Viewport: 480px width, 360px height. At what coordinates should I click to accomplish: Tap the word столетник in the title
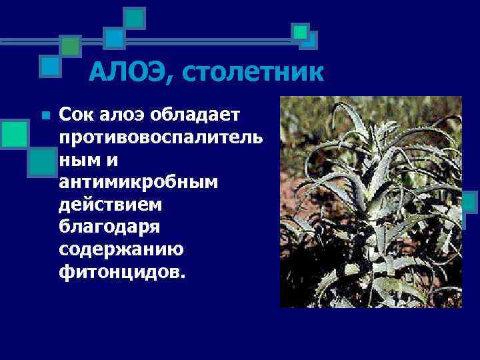coord(247,71)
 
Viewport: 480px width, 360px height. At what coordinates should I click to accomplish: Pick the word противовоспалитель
coord(160,138)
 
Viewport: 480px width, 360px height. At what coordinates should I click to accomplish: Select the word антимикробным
coord(136,183)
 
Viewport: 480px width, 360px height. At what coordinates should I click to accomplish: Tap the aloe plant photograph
coord(370,202)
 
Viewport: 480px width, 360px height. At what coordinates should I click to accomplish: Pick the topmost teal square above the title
coord(135,18)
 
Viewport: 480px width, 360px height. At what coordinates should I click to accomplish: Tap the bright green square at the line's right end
coord(301,31)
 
